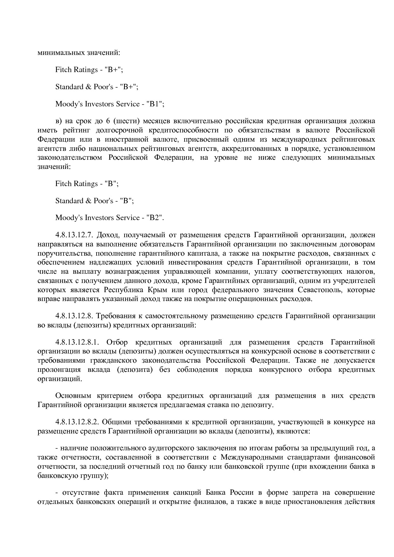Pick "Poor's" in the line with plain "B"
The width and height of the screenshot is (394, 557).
[x=103, y=201]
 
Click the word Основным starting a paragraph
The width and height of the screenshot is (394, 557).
[x=73, y=396]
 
